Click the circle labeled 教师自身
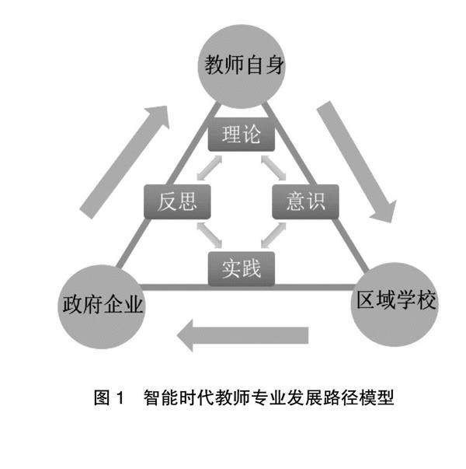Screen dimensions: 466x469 pyautogui.click(x=242, y=65)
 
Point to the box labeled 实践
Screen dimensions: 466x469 pyautogui.click(x=241, y=269)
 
